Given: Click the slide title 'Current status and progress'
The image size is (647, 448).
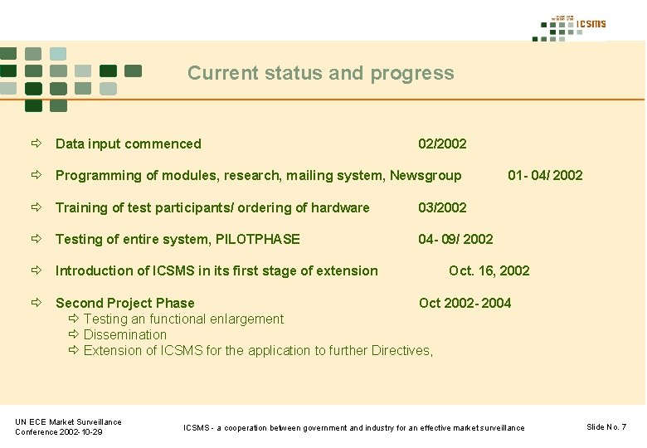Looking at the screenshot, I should tap(320, 73).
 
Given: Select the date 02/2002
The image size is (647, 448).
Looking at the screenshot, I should tap(442, 144).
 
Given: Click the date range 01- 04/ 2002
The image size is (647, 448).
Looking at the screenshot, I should tap(545, 176).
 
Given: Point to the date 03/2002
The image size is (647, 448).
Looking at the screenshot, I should tap(442, 208).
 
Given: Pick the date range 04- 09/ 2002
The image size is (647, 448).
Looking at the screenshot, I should tap(455, 240).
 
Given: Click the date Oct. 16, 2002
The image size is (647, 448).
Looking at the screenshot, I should tap(489, 271).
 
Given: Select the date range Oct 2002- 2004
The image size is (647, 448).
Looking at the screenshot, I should tap(465, 304).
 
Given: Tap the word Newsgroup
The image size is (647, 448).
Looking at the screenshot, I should tap(426, 176).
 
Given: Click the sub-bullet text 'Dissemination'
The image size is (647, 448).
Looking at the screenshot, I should tap(125, 335).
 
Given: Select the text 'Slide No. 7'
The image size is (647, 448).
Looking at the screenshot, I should tap(606, 427).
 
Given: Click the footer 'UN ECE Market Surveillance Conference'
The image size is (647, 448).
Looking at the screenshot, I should tap(68, 427).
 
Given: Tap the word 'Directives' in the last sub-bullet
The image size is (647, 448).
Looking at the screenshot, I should tap(401, 351).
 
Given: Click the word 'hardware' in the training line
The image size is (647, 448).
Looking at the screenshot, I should tap(340, 208).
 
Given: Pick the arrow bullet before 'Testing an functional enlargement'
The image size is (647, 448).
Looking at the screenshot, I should tap(74, 319).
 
